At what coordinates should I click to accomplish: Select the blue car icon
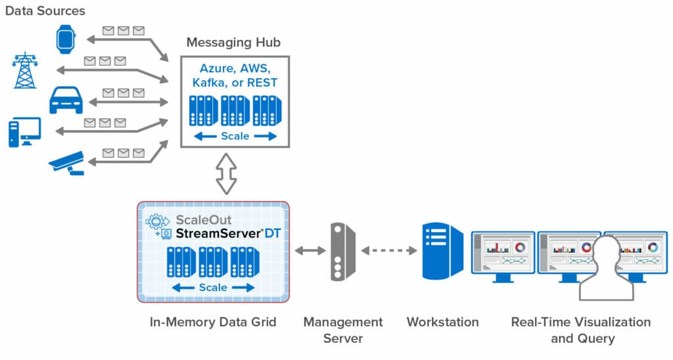(x=66, y=101)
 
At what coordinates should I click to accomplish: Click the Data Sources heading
(x=45, y=11)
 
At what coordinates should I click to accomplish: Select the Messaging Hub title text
(x=233, y=43)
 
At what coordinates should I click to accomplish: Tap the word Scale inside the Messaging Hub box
(x=235, y=136)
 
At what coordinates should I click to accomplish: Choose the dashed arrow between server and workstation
(x=389, y=251)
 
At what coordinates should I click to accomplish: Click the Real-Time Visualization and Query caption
(x=581, y=330)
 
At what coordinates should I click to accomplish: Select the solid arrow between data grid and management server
(x=310, y=251)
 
